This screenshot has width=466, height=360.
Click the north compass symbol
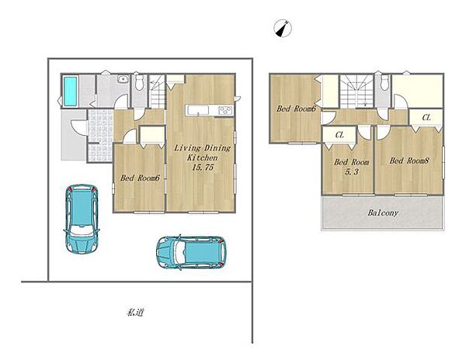(x=283, y=29)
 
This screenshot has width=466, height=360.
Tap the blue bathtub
(x=71, y=91)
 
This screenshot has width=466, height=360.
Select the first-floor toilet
(x=139, y=81)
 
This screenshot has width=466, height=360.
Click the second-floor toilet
(x=384, y=82)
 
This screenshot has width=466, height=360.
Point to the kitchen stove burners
(x=225, y=110)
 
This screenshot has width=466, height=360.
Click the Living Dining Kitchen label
(x=203, y=153)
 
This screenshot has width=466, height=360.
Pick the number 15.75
(x=203, y=168)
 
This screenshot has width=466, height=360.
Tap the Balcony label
(x=383, y=213)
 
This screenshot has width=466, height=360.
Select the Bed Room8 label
(x=409, y=161)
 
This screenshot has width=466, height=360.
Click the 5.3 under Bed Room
(x=352, y=171)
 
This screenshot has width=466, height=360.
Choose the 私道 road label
(x=135, y=312)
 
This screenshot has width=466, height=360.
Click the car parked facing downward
(x=82, y=219)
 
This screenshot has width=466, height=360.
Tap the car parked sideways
(x=191, y=252)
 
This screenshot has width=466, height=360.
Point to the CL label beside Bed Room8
(x=426, y=118)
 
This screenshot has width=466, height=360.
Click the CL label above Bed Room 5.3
(x=339, y=135)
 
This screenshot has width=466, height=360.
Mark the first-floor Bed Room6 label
(x=141, y=178)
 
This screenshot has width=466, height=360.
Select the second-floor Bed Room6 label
(x=296, y=109)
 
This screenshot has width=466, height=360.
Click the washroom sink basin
(x=122, y=79)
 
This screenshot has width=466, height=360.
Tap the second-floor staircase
(x=356, y=92)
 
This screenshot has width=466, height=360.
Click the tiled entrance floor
(x=100, y=136)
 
